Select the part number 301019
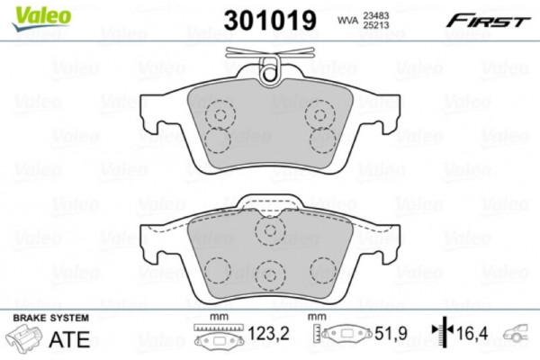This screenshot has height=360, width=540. point(268,18)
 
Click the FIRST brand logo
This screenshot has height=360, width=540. point(490,19)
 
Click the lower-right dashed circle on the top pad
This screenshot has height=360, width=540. point(321,139)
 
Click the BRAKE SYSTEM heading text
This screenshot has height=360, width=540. point(49,319)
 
